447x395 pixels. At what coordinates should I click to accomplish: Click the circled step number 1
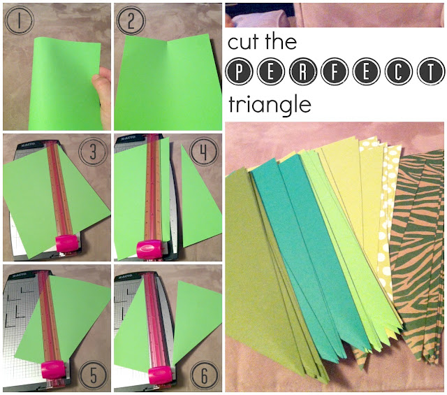click(20, 20)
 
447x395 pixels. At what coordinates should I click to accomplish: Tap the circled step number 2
click(131, 20)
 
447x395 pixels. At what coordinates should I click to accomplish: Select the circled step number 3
click(93, 151)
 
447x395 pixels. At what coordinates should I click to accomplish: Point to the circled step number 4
click(204, 151)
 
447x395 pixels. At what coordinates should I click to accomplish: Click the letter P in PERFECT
click(240, 71)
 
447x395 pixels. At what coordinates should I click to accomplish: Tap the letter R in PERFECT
click(302, 71)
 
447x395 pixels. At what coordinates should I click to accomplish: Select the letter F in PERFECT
click(335, 71)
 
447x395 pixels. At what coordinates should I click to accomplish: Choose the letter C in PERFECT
click(398, 71)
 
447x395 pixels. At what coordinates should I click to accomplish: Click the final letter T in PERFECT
click(430, 71)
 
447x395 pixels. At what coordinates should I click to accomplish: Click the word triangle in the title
click(270, 105)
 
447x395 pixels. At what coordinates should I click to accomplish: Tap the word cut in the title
click(244, 43)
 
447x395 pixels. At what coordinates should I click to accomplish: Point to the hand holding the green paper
click(102, 96)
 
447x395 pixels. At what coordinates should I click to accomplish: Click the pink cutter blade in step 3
click(67, 243)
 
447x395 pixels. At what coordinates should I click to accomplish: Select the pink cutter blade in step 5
click(52, 369)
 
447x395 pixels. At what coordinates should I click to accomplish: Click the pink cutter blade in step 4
click(149, 248)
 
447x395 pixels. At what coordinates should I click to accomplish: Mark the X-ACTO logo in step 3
click(27, 144)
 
